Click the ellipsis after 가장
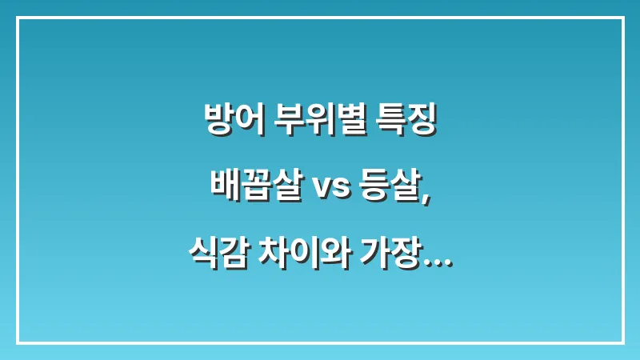click(437, 261)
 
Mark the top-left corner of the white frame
click(18, 18)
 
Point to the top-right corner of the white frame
click(622, 18)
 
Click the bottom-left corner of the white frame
click(18, 342)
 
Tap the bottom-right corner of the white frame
click(622, 342)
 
